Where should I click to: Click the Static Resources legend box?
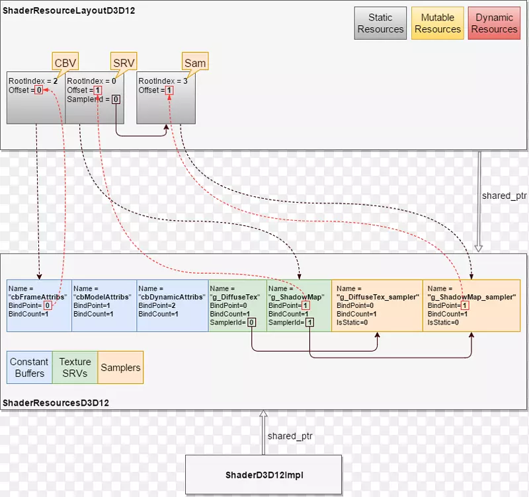click(x=380, y=23)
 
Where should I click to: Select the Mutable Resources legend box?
click(x=438, y=23)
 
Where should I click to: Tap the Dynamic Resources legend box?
click(x=494, y=23)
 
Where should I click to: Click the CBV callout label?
click(x=65, y=63)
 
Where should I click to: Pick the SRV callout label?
click(x=123, y=63)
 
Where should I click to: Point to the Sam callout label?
click(x=194, y=63)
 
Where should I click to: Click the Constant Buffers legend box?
click(x=29, y=367)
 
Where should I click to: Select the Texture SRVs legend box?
click(x=75, y=367)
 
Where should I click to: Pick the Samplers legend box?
click(x=120, y=367)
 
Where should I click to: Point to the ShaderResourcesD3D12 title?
click(x=56, y=402)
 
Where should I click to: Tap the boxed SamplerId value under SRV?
click(x=116, y=99)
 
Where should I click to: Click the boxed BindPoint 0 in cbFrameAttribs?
click(x=47, y=306)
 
